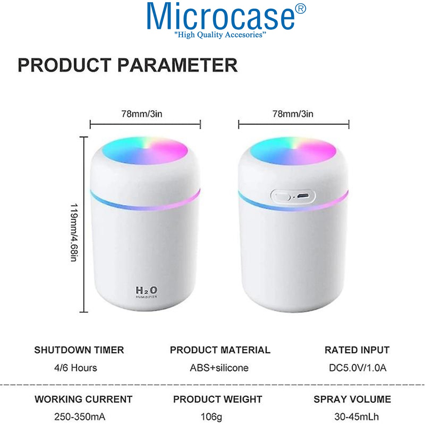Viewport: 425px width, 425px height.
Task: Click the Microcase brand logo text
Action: [x=221, y=17]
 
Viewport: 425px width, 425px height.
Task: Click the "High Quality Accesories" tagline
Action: [x=220, y=35]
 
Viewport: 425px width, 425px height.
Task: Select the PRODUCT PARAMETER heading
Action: [x=128, y=65]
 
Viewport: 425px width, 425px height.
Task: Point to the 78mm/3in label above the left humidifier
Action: [x=142, y=114]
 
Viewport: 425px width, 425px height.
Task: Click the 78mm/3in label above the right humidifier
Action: [x=293, y=114]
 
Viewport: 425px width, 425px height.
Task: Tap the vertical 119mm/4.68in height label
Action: [x=74, y=232]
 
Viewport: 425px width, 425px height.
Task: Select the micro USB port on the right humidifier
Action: [x=302, y=195]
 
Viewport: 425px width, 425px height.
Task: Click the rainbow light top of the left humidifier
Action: [x=145, y=151]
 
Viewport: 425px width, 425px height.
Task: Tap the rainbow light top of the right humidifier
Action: [x=293, y=151]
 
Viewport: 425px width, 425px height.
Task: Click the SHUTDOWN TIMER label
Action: [x=79, y=350]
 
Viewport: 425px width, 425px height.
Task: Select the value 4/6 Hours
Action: [x=76, y=368]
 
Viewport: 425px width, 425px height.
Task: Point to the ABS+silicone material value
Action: [x=219, y=368]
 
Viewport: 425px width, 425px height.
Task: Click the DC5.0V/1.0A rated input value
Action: [x=357, y=368]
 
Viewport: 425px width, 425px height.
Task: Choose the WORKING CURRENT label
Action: [x=84, y=399]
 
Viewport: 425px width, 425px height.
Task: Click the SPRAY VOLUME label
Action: [x=352, y=399]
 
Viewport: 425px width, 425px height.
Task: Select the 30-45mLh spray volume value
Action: [x=357, y=417]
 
